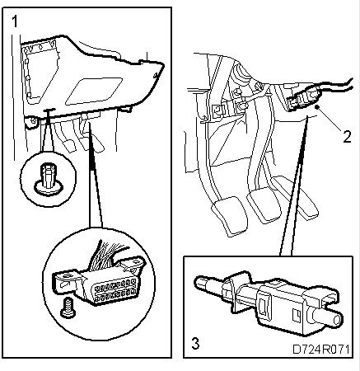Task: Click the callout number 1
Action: point(15,21)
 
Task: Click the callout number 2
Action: point(347,136)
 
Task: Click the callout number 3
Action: point(195,344)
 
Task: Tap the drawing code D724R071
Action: point(320,350)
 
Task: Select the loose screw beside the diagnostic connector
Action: point(67,308)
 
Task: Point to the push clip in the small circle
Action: point(49,179)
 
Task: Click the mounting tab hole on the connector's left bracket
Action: point(66,275)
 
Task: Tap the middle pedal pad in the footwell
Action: point(264,205)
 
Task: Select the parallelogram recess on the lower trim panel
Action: point(94,91)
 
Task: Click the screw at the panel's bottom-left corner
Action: point(32,121)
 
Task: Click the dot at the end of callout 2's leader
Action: point(317,106)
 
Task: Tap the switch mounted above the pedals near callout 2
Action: point(303,100)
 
